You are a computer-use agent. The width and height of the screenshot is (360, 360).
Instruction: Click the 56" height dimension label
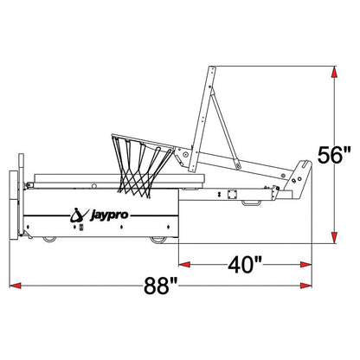click(x=334, y=155)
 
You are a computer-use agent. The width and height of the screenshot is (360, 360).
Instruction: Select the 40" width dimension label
click(x=245, y=265)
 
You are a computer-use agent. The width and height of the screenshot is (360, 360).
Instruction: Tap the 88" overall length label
click(x=161, y=286)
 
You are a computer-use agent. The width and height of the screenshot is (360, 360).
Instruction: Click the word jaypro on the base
click(x=110, y=215)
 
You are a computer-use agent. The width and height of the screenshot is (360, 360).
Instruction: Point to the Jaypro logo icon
click(x=79, y=215)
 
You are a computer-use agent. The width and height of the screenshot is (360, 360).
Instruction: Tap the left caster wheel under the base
click(x=49, y=239)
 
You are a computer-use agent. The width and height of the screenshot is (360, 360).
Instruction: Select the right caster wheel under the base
click(x=158, y=240)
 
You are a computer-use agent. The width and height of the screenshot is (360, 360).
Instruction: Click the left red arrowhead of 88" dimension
click(x=16, y=286)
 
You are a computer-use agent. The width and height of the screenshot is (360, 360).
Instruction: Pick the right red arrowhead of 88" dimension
click(x=305, y=286)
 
